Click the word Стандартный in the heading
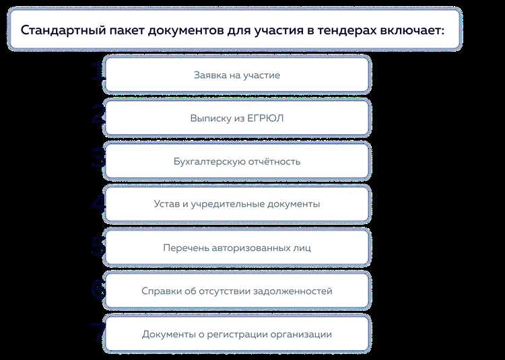[x=57, y=30]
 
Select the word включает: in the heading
[x=412, y=30]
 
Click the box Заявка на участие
[x=237, y=75]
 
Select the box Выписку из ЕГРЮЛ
[x=237, y=118]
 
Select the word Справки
[x=162, y=291]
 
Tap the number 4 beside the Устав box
[x=98, y=204]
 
